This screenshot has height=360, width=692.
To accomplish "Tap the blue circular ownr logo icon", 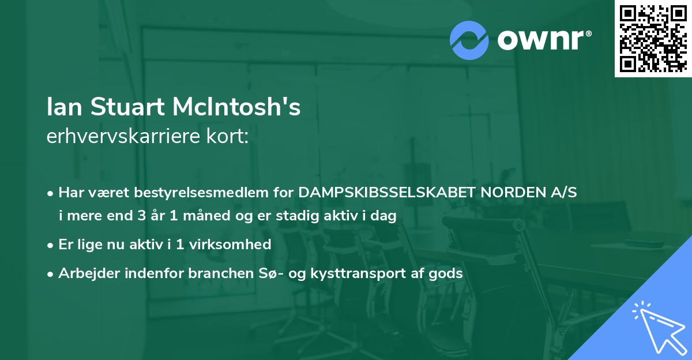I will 469,40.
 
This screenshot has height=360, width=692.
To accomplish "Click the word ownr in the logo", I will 544,40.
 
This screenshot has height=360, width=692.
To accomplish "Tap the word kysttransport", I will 358,273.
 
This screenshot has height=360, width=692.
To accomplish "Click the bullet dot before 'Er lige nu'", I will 51,245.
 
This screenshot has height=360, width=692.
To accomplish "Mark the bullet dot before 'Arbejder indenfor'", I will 51,274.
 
